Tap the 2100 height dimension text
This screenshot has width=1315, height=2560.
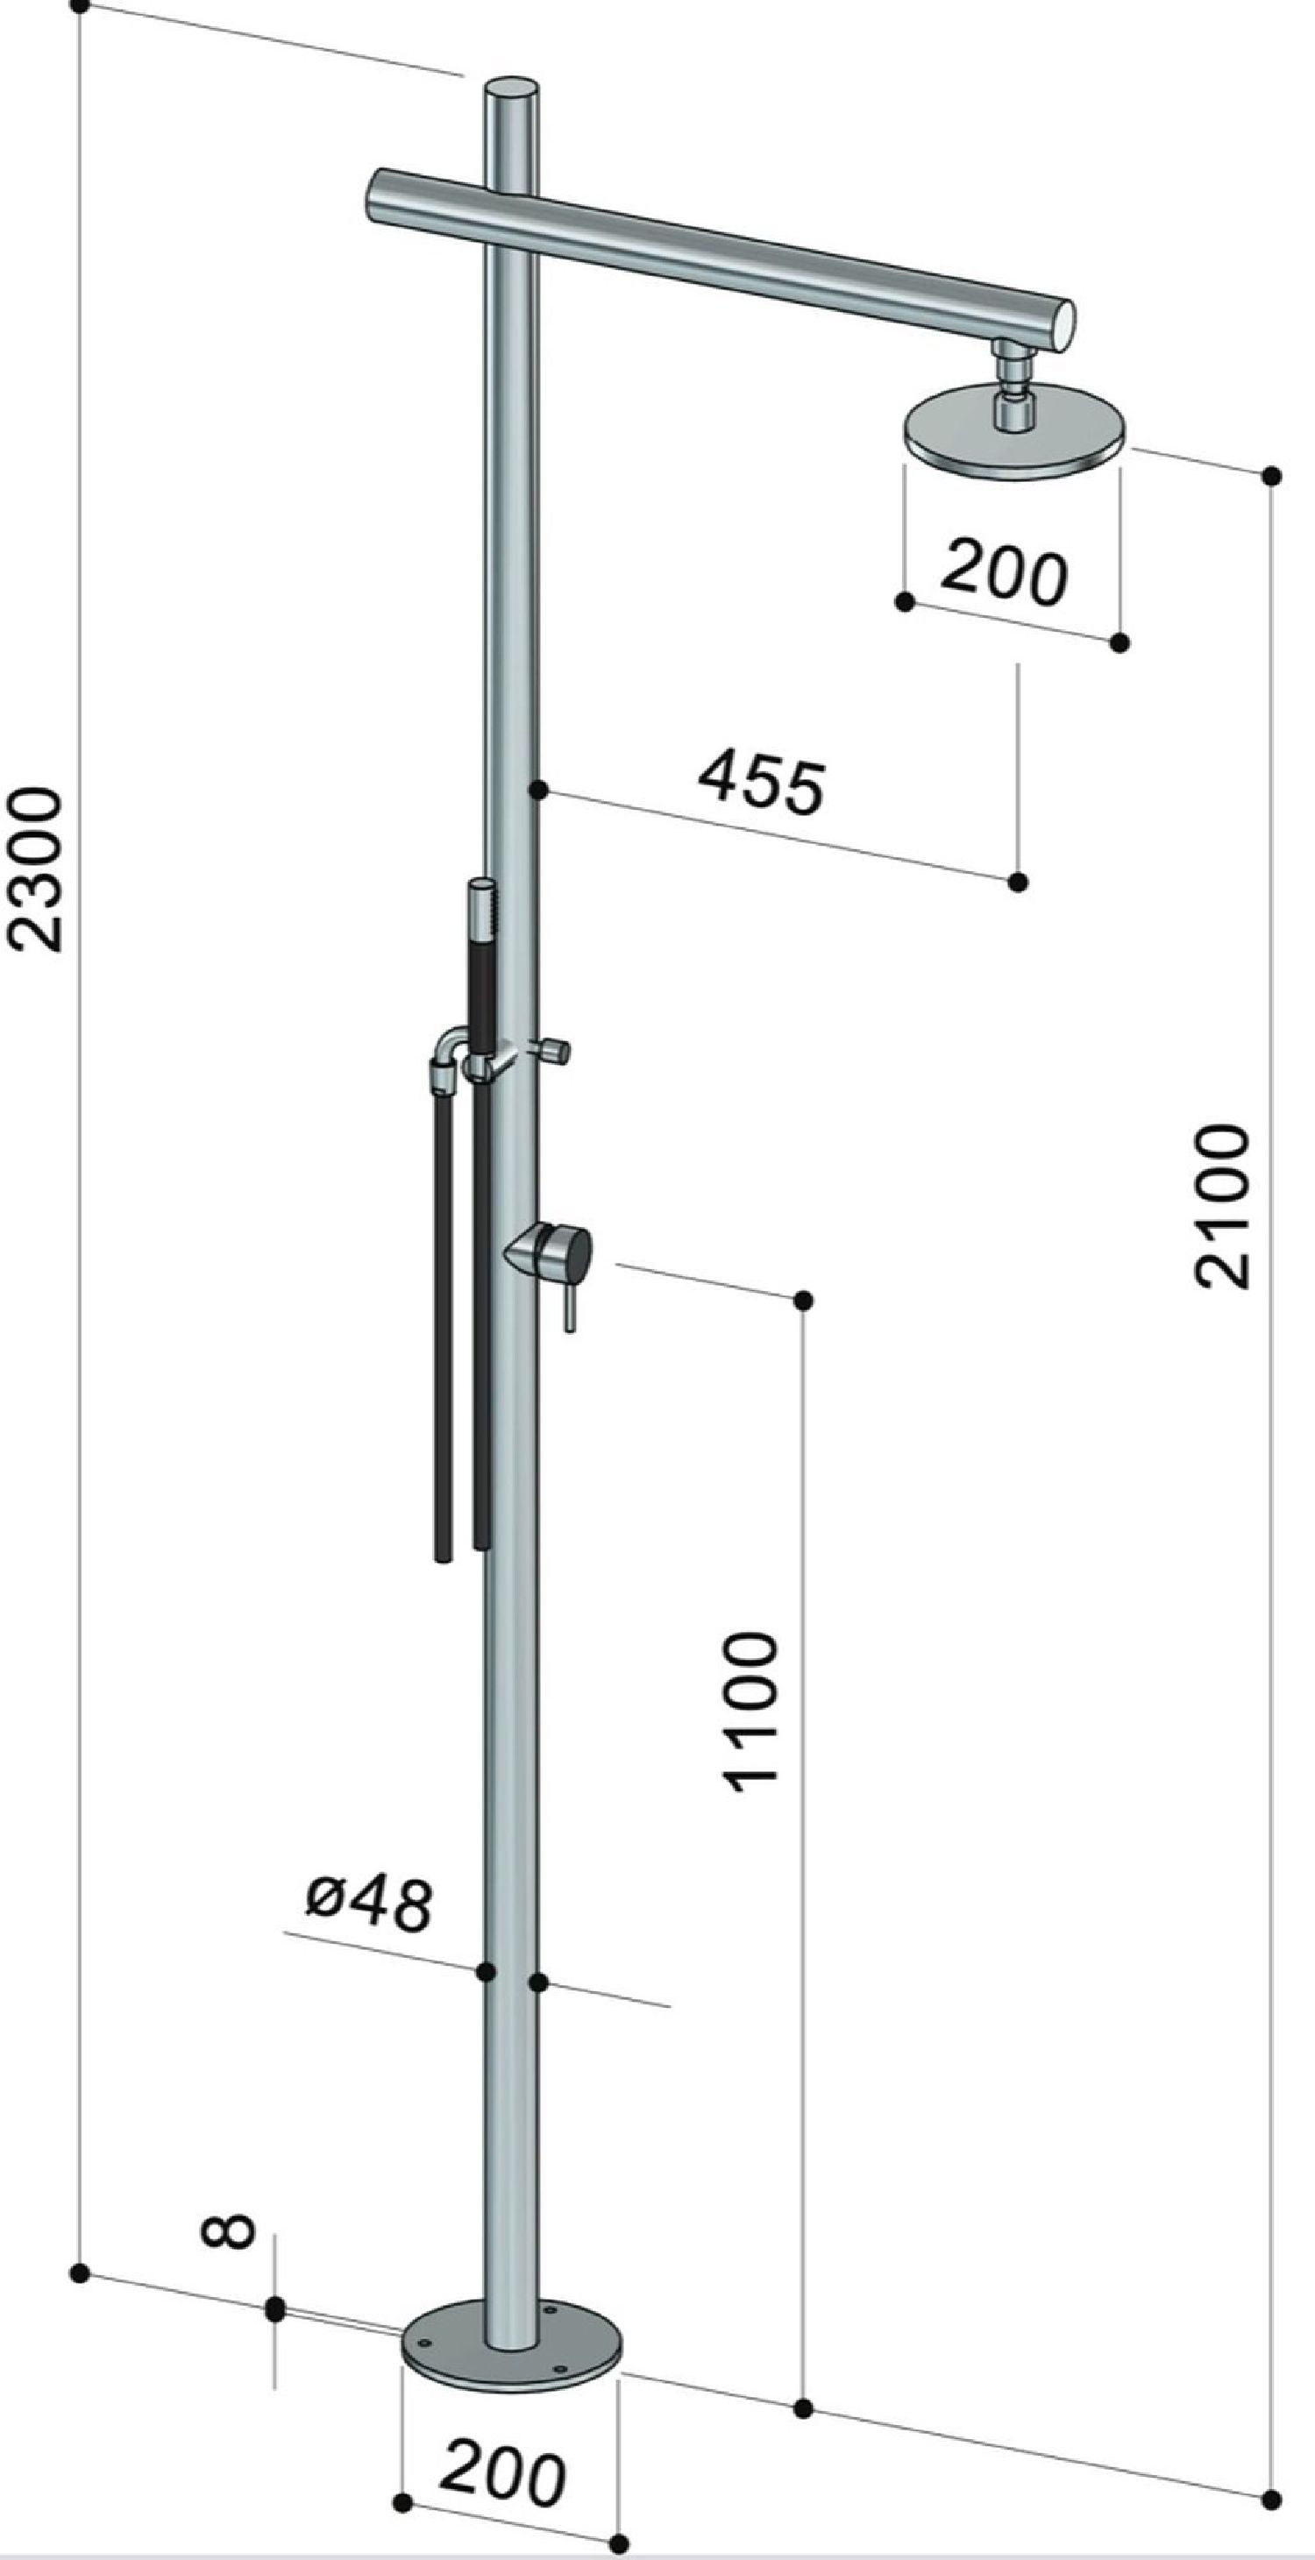[x=1220, y=1205]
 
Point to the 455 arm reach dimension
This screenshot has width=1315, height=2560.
[x=761, y=785]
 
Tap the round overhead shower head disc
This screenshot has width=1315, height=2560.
[x=1013, y=433]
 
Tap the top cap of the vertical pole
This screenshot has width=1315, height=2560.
[x=511, y=89]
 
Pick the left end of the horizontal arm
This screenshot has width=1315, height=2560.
[x=380, y=195]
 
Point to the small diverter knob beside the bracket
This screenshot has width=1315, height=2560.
[x=555, y=1051]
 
